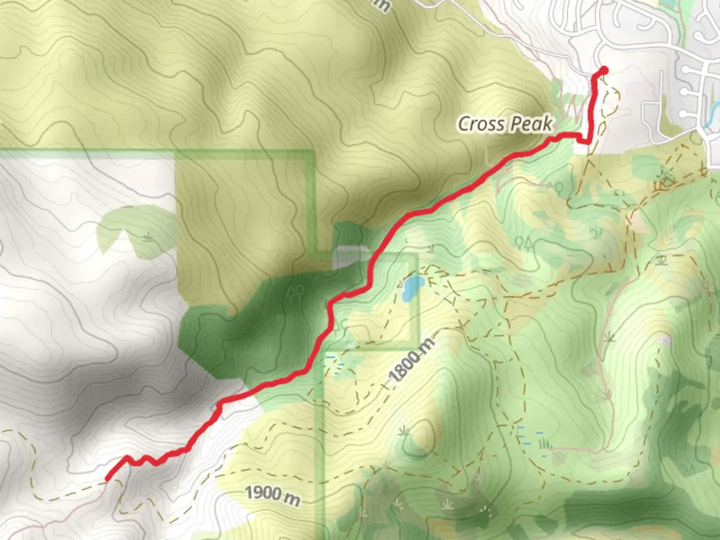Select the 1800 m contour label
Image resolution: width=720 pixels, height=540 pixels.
click(411, 358)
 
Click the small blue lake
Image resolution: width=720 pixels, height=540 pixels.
click(411, 288)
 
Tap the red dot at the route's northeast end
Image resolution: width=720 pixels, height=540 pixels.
click(603, 70)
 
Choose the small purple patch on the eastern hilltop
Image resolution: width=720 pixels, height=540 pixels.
click(664, 340)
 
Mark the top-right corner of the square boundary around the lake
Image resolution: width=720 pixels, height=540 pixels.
click(416, 255)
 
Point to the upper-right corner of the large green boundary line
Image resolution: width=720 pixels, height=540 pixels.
click(314, 151)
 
